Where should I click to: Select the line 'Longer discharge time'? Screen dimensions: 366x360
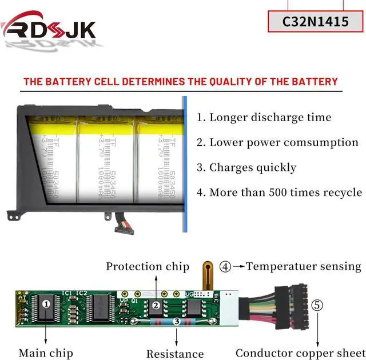tap(270, 118)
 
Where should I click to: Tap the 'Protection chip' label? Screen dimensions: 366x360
tap(148, 266)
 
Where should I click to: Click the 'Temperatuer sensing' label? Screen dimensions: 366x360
tap(304, 266)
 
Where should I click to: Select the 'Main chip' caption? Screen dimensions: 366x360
tap(45, 353)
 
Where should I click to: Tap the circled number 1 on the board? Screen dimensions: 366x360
tap(46, 303)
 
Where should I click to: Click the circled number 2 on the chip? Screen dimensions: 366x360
tap(156, 305)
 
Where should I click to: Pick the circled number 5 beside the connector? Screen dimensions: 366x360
tap(317, 305)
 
